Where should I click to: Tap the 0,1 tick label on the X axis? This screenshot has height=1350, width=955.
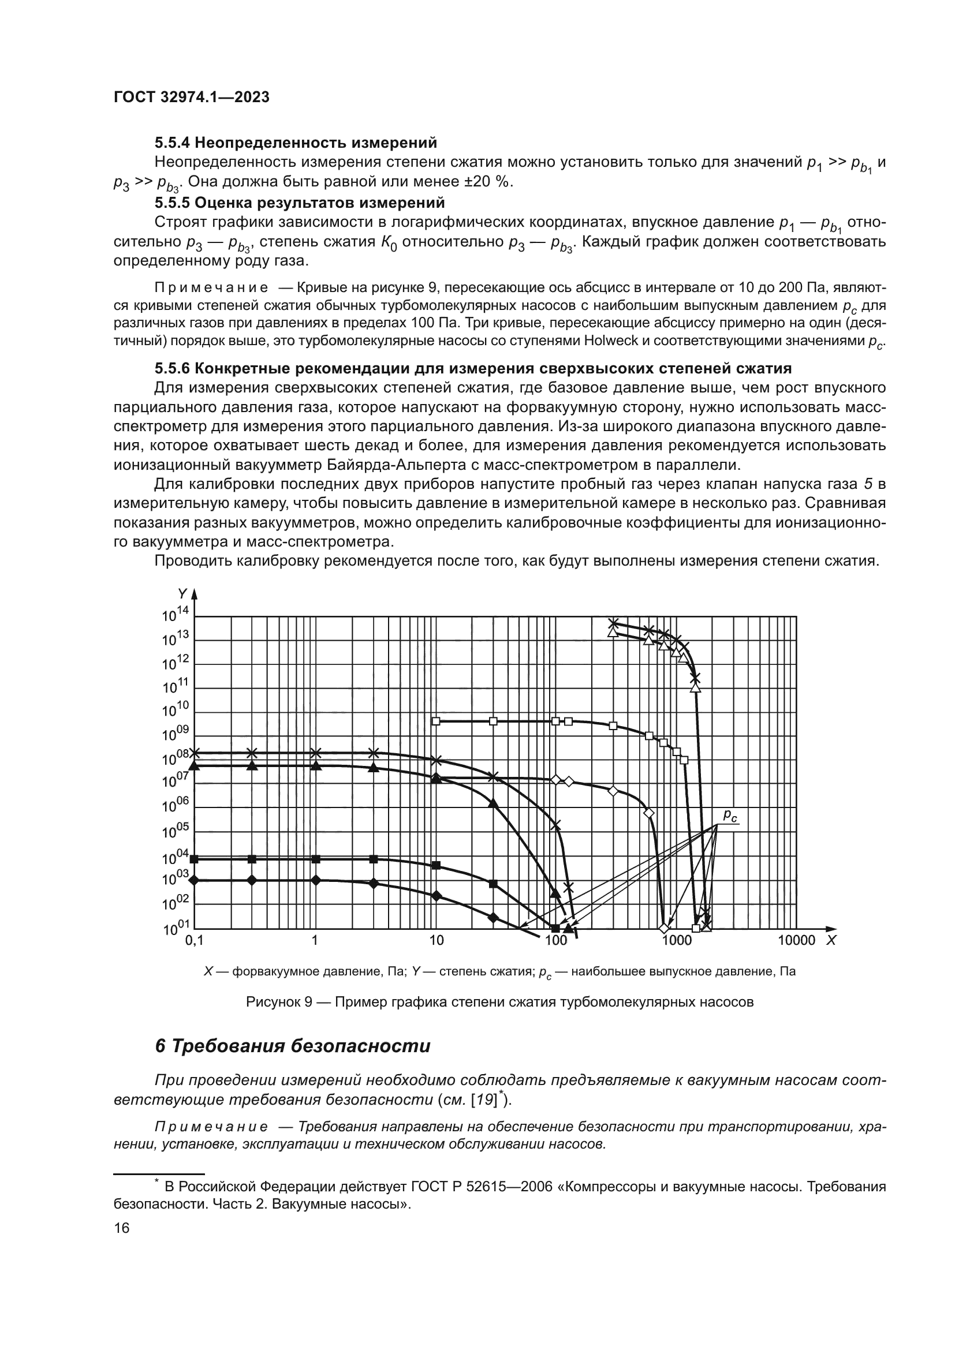(194, 940)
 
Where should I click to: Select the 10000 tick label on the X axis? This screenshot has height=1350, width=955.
(796, 940)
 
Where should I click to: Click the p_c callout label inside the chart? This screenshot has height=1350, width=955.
(730, 815)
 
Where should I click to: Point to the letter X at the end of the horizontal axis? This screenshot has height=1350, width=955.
(831, 940)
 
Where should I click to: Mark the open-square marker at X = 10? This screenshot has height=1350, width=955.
(436, 721)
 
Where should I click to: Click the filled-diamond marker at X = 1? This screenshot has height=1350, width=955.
(316, 880)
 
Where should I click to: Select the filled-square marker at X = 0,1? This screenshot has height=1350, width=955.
(195, 859)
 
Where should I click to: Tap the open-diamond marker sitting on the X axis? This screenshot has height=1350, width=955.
(664, 929)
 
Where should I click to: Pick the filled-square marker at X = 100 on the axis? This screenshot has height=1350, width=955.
(555, 929)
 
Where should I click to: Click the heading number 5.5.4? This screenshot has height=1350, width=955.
(172, 143)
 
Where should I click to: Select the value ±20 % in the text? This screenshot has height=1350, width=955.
(481, 182)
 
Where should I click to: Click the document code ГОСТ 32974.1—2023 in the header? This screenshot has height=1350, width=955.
(191, 97)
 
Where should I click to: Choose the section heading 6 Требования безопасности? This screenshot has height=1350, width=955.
(292, 1046)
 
